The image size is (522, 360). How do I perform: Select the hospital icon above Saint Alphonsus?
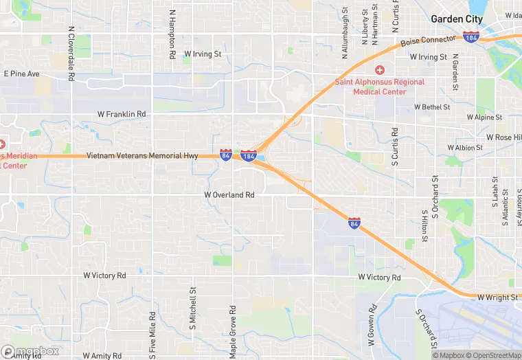pos(379,71)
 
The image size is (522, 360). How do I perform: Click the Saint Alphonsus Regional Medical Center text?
pos(379,87)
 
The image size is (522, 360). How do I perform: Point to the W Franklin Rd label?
pos(122,114)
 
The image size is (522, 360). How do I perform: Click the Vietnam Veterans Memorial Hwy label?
pos(142,156)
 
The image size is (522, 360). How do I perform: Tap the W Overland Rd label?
pos(229,195)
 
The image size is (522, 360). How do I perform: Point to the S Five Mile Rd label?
pos(152,333)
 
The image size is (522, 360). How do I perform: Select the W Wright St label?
pos(499,297)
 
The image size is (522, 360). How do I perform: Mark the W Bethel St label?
pos(432,107)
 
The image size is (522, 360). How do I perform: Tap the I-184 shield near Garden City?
pos(471,36)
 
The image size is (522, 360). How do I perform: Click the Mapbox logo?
pos(30,351)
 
